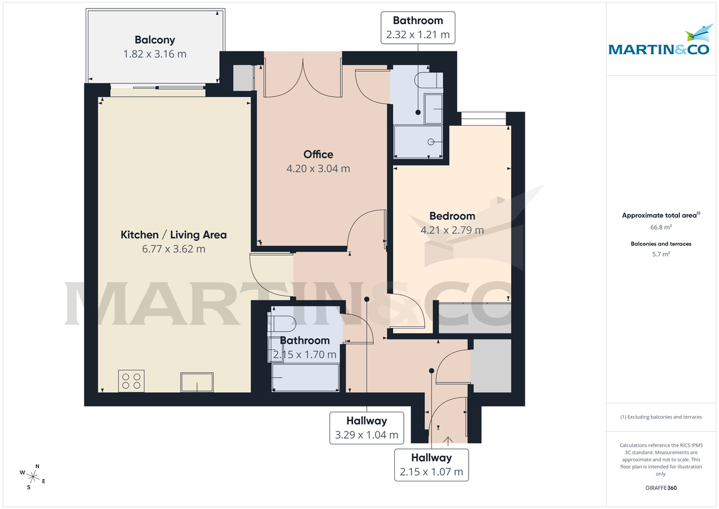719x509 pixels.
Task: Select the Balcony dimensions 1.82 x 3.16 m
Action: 155,54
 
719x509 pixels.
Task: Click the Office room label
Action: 318,154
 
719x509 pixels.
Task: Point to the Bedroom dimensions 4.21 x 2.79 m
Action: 452,230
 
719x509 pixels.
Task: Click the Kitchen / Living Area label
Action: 174,234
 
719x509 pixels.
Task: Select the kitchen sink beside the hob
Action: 197,381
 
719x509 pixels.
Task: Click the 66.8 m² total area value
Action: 661,227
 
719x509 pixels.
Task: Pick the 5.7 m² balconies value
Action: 661,254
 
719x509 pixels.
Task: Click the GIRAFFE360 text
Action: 661,488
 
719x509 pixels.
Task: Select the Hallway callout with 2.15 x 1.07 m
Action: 431,465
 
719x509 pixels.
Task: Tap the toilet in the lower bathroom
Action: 282,324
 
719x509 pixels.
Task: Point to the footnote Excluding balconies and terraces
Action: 661,417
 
